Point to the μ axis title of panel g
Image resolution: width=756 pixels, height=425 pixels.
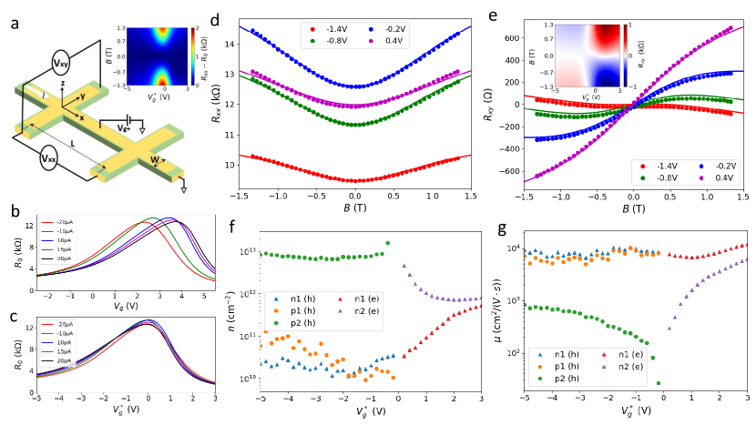(498, 315)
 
